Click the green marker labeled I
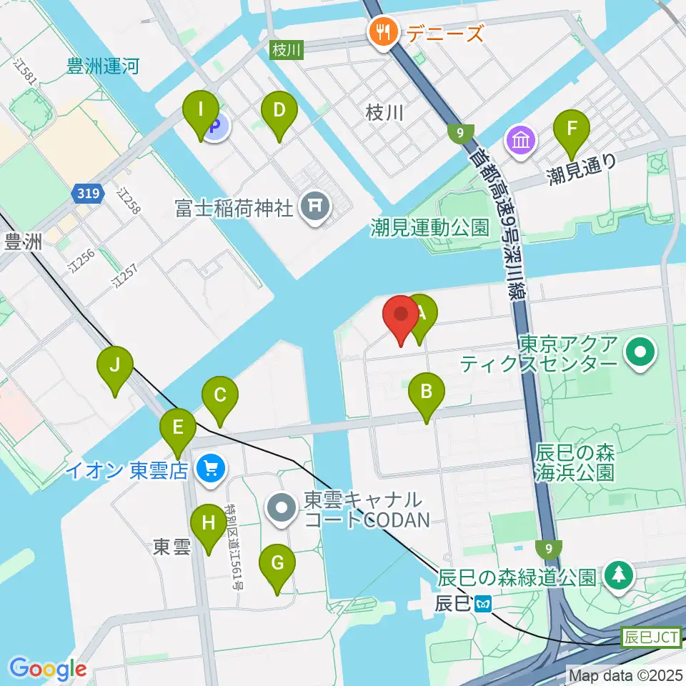point(202,111)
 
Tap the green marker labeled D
point(279,111)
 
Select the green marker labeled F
point(572,129)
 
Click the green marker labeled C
point(220,395)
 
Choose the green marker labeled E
point(178,428)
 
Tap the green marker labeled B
point(427,392)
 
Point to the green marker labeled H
point(208,523)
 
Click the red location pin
point(401,315)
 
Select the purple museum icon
point(522,139)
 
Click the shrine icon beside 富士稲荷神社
point(314,208)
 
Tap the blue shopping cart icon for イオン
point(210,470)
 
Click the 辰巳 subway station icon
point(484,605)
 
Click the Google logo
point(48,668)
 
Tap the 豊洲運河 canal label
point(103,67)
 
